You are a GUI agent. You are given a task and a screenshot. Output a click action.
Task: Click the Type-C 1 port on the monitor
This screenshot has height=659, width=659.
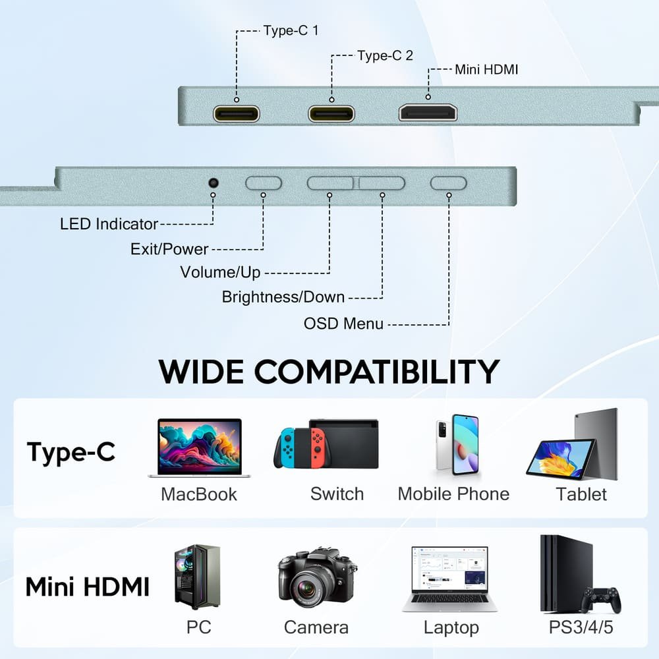click(x=236, y=113)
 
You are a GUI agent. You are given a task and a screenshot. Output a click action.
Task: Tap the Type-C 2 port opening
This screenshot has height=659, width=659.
click(x=331, y=113)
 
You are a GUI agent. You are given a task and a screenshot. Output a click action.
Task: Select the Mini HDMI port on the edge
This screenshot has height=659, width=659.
click(x=428, y=112)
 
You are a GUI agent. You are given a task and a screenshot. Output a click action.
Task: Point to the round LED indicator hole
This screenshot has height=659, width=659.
click(x=214, y=183)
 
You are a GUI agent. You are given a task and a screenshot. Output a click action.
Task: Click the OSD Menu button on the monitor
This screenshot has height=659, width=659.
click(x=448, y=183)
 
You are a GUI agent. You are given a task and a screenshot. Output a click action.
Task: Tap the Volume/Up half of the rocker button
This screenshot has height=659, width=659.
click(x=330, y=183)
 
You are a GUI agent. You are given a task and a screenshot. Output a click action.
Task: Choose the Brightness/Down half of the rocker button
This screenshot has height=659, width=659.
click(x=382, y=183)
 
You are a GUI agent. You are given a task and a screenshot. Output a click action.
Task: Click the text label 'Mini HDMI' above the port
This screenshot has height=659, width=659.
click(x=486, y=69)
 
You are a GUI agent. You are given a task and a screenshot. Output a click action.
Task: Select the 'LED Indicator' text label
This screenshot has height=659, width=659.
click(x=109, y=224)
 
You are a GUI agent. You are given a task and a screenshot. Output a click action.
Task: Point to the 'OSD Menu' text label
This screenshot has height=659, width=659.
click(x=343, y=324)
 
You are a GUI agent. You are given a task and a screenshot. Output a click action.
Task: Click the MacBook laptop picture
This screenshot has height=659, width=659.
click(x=199, y=448)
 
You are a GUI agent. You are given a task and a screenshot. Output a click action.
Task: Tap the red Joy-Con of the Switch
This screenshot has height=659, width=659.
click(x=318, y=448)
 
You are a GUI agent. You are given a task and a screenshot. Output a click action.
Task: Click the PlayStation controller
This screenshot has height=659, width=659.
click(x=602, y=600)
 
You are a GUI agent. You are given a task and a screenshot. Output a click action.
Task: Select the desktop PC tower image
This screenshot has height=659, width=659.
click(x=197, y=577)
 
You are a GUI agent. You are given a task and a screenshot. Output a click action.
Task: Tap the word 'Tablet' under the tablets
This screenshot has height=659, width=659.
click(x=581, y=494)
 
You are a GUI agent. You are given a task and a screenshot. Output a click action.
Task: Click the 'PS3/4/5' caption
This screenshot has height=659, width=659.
click(x=581, y=627)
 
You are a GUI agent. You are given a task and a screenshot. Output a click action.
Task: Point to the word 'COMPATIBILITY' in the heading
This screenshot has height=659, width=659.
click(x=377, y=372)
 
